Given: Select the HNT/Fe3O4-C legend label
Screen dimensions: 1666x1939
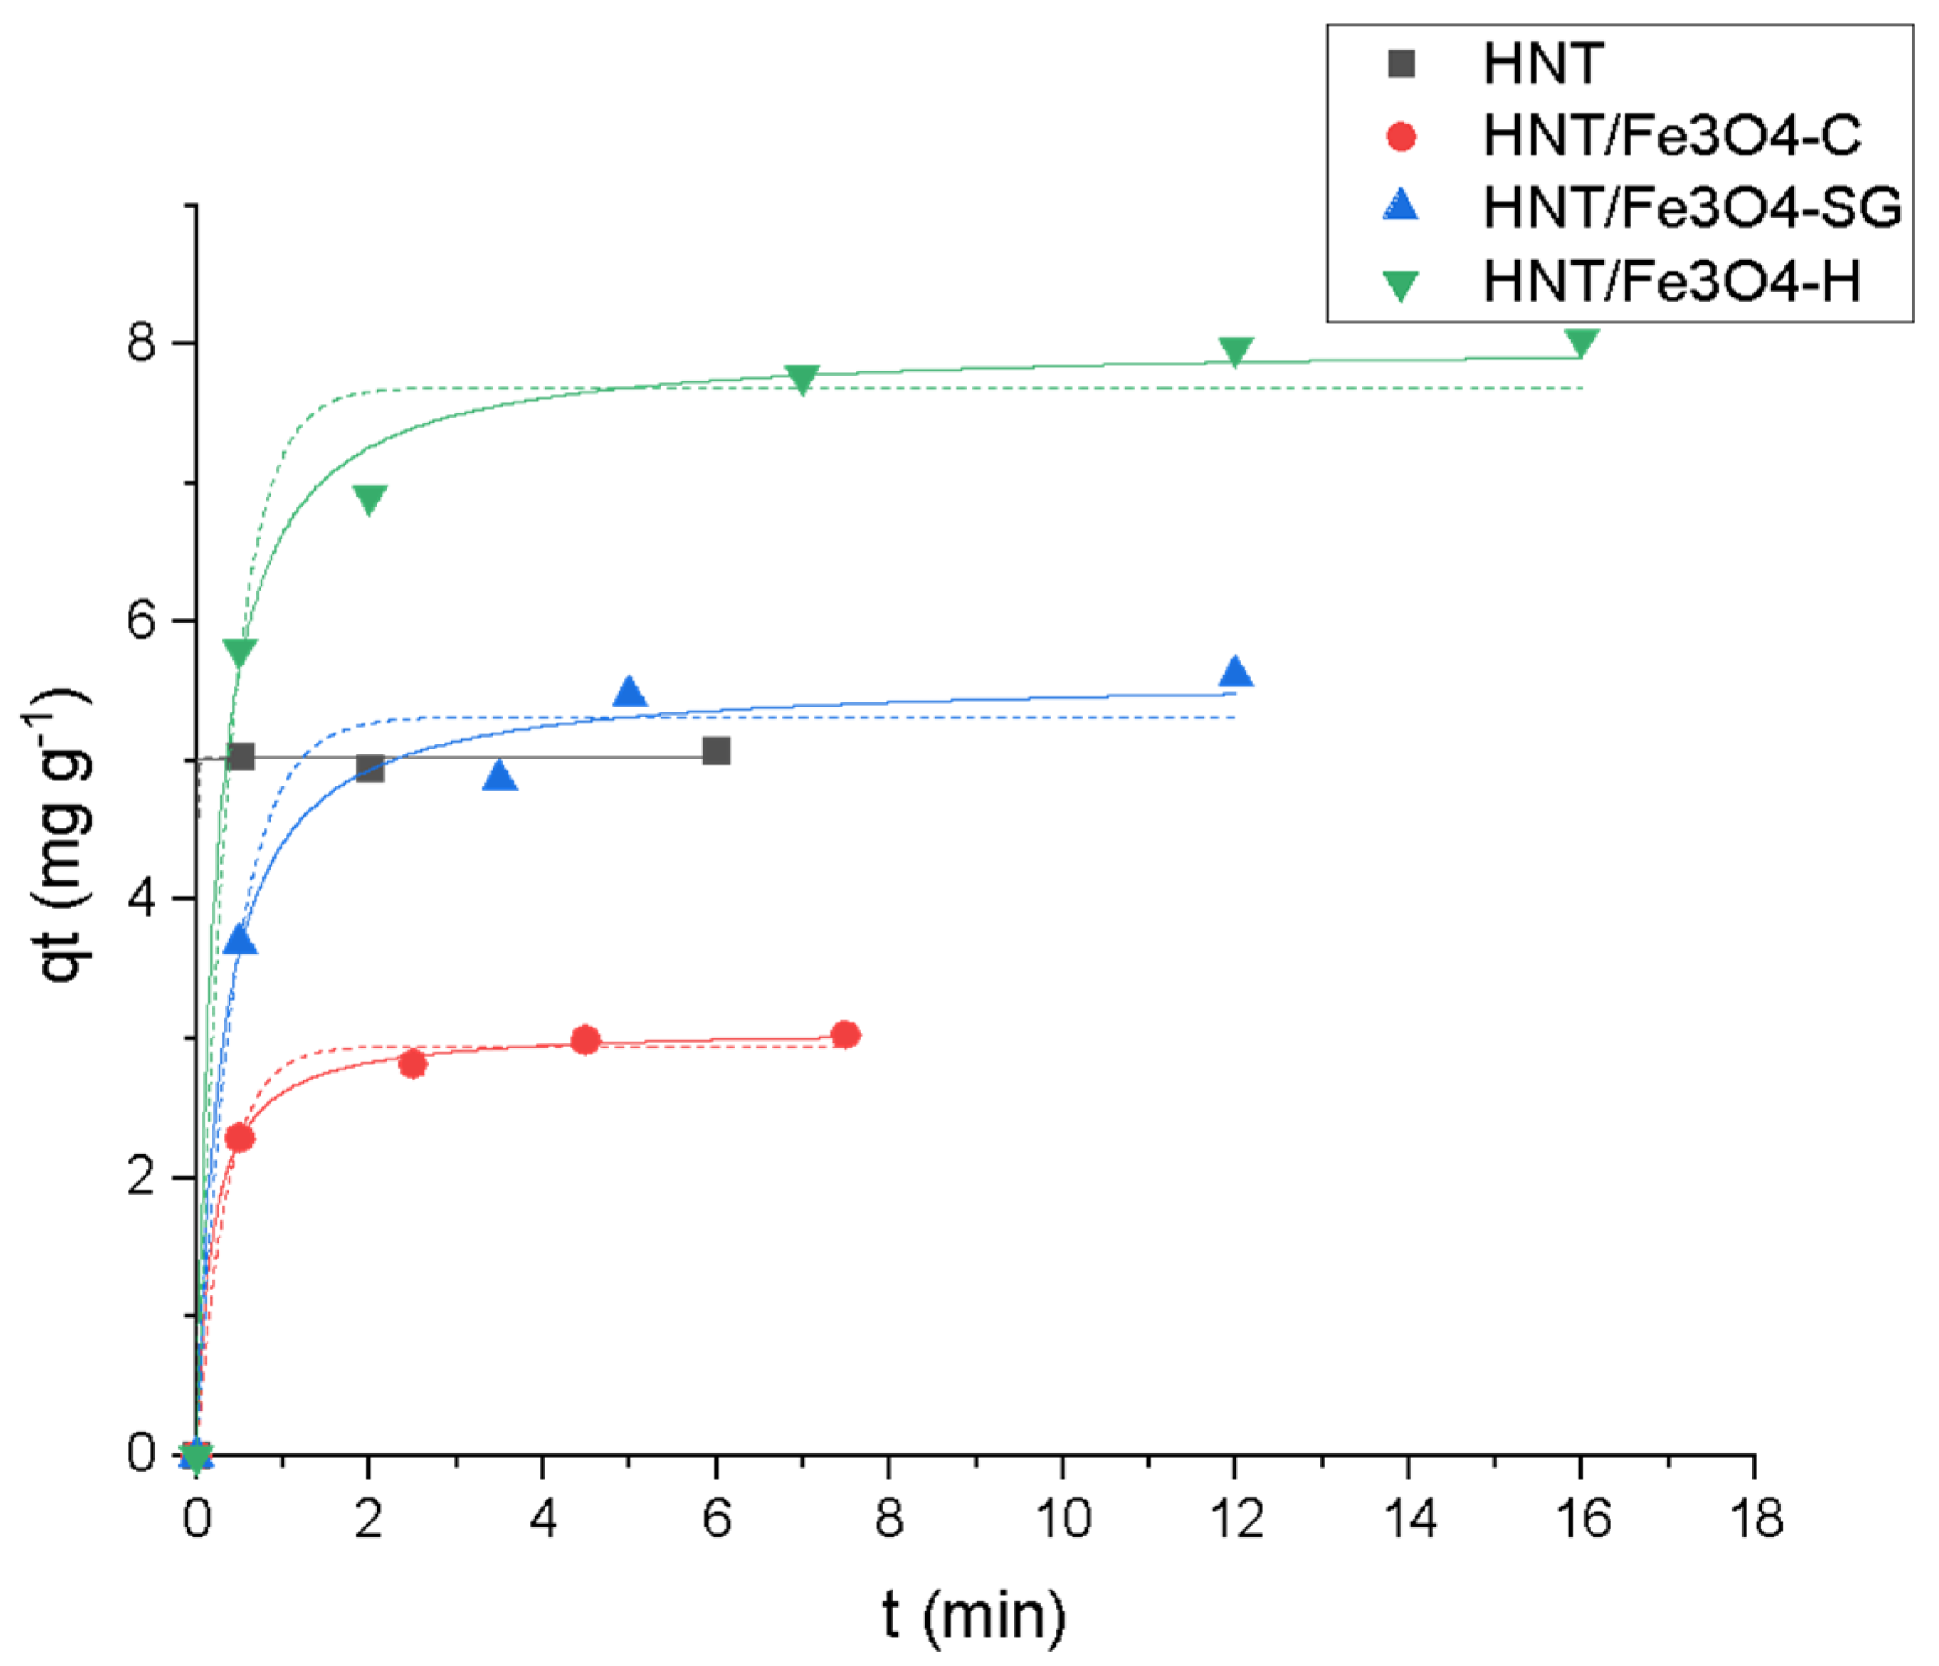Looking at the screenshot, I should pos(1672,137).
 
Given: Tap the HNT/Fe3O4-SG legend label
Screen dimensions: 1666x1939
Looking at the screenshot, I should pos(1692,208).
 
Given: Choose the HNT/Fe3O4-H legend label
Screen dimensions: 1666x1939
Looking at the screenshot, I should pos(1672,281).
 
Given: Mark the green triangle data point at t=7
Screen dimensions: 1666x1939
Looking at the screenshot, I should pos(802,379).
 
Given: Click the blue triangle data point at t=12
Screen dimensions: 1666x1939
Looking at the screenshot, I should pos(1236,671).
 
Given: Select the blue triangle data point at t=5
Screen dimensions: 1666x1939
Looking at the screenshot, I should pos(630,692).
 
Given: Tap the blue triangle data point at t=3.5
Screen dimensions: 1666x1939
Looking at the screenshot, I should pos(500,775).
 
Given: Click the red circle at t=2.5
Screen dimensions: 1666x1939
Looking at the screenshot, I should pos(413,1064).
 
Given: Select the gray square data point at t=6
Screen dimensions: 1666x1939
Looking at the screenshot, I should pos(716,750).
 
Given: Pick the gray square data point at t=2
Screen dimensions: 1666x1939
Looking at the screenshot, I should pos(370,769).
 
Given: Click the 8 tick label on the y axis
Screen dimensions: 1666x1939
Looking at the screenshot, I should pos(142,344).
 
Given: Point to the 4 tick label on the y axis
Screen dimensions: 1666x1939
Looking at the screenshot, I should pos(142,899).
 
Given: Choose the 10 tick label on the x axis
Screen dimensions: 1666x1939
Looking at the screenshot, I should pos(1063,1519).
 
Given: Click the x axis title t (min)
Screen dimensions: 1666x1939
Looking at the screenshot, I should pos(973,1616).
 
